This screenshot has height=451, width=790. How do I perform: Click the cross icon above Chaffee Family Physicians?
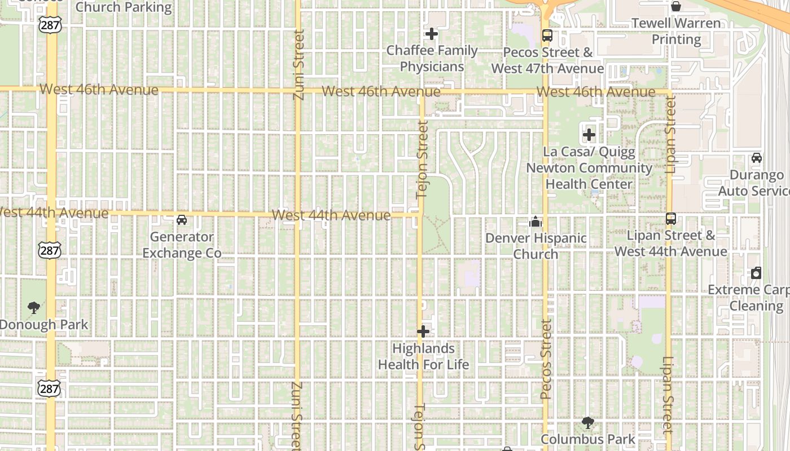pos(432,34)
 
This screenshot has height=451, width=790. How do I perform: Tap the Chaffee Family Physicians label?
pos(432,59)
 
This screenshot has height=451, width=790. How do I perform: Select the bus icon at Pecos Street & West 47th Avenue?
pos(547,36)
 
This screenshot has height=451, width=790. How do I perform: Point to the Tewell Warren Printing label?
pos(676,32)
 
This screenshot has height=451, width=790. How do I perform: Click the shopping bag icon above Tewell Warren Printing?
pos(676,7)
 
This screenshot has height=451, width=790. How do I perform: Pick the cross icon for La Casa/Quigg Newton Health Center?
pos(589,135)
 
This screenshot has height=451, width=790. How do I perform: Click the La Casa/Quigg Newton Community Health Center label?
pos(589,168)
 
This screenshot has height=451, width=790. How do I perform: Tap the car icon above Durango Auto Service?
pos(757,158)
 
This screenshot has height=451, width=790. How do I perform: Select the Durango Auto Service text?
pos(754,183)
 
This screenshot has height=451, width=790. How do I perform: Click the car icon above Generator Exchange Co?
pos(182,220)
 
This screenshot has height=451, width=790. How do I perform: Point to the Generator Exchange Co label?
pos(182,245)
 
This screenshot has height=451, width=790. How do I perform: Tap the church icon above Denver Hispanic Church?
pos(536,222)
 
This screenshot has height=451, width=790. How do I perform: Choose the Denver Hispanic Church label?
pos(536,246)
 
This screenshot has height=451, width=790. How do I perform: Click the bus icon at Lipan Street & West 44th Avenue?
pos(671,219)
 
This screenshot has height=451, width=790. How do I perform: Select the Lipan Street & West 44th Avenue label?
pos(671,244)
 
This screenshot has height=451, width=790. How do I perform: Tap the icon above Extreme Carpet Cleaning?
pos(756,273)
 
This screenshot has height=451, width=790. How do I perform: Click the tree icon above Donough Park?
pos(34,308)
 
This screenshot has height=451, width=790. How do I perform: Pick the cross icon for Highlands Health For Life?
pos(423,331)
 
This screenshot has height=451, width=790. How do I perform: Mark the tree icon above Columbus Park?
pos(588,423)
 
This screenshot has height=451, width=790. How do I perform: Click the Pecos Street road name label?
pos(546,360)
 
